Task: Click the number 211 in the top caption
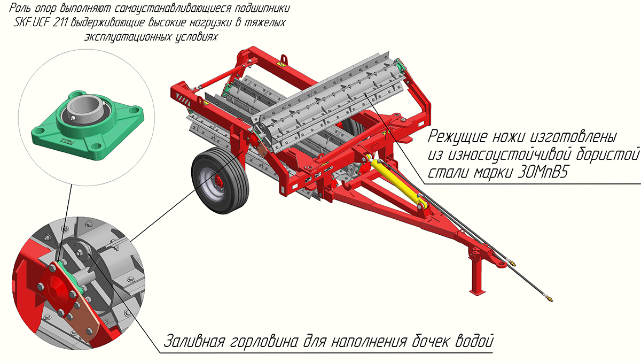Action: pos(60,22)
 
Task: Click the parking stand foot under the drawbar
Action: pos(478,291)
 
